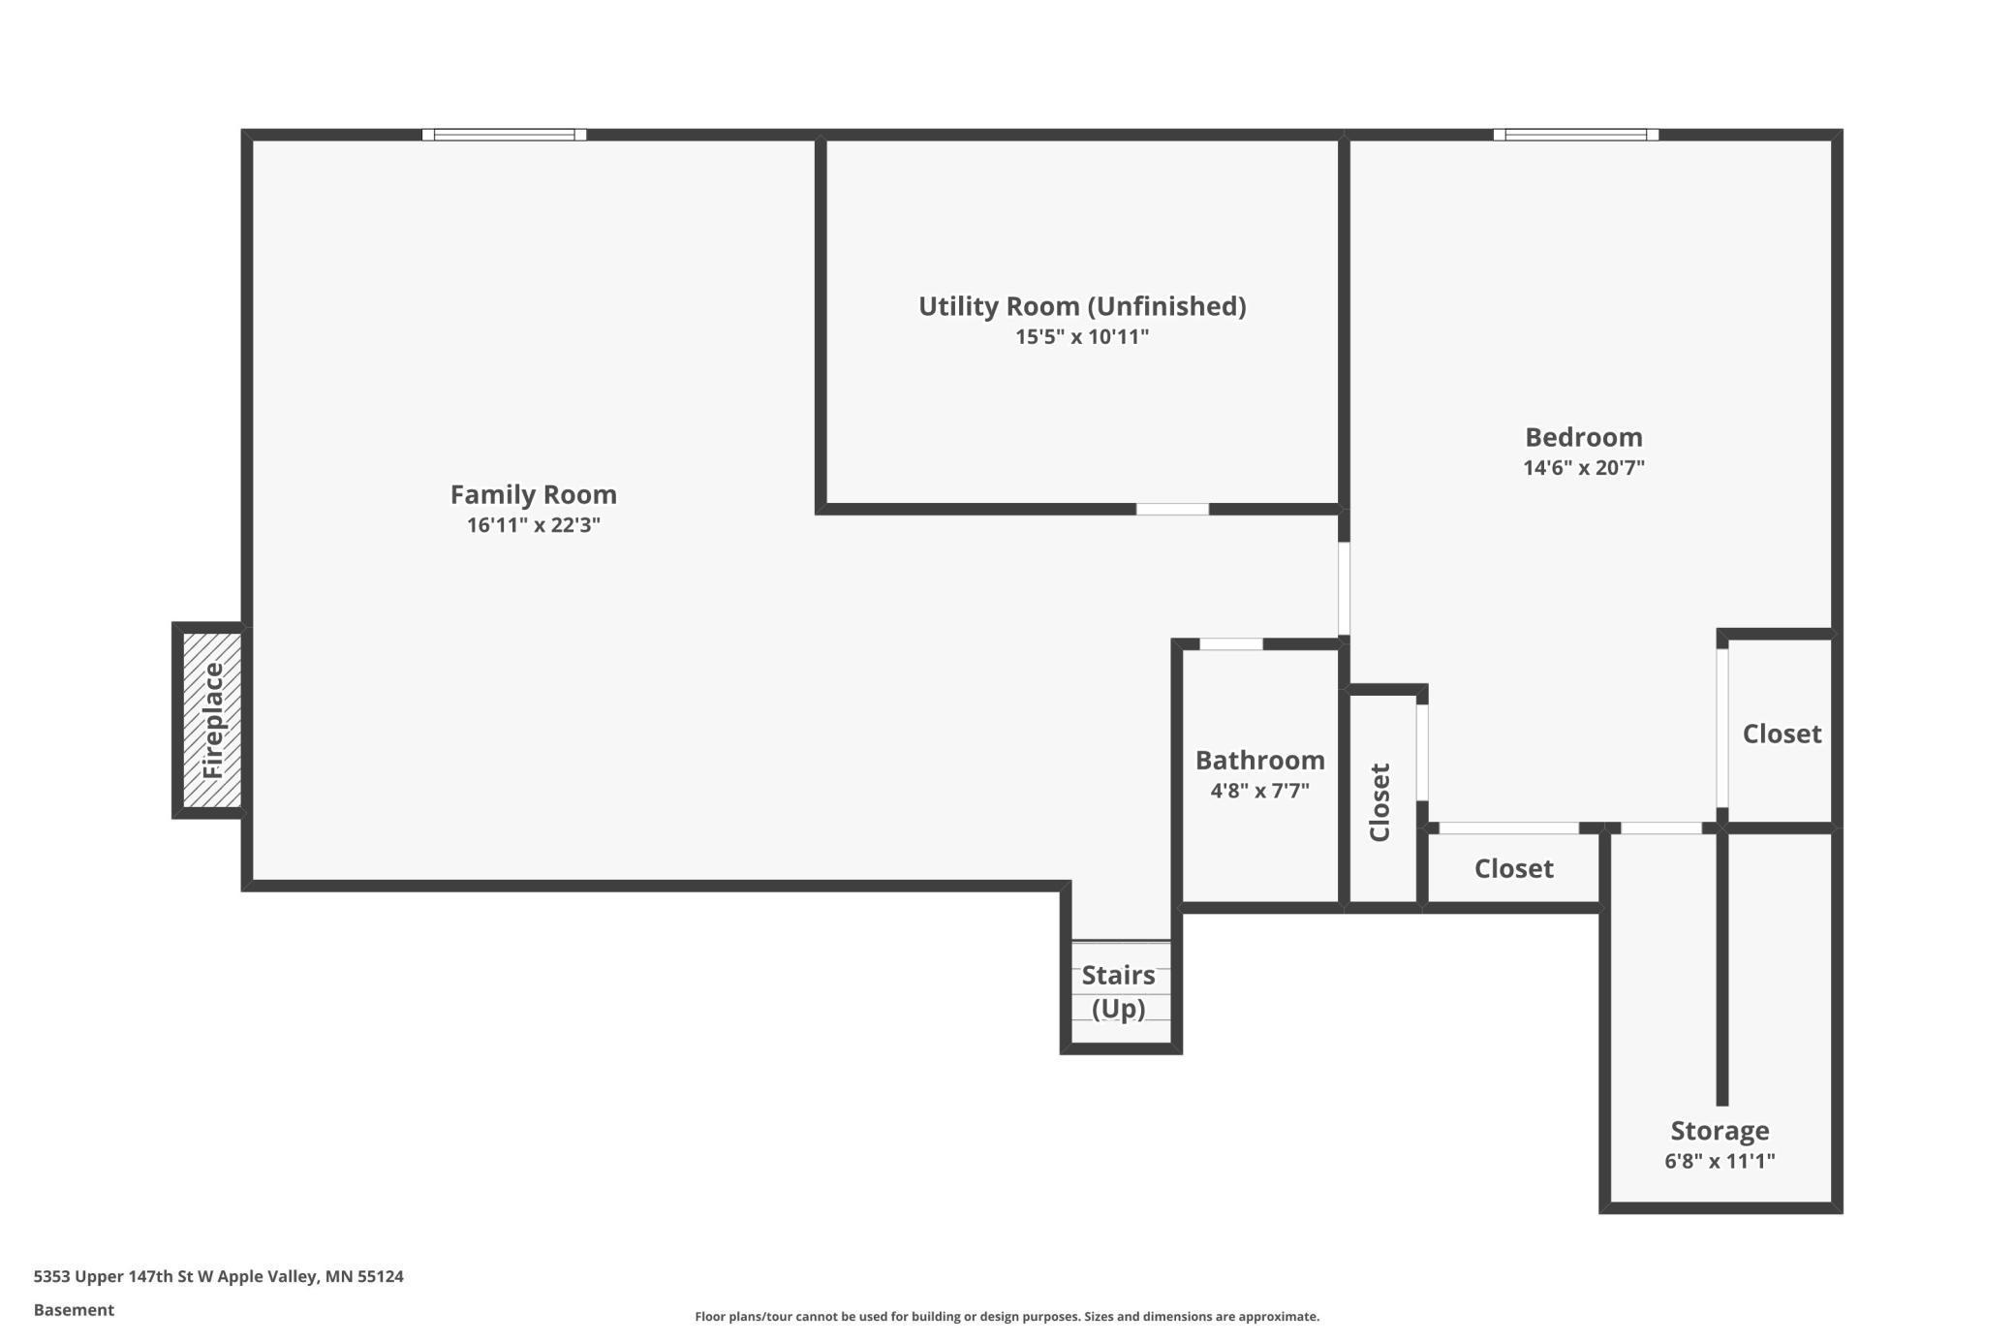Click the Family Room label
(x=533, y=494)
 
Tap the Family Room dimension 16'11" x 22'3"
(x=533, y=525)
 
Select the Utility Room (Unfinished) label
(x=1081, y=306)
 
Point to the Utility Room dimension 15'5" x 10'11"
(x=1081, y=337)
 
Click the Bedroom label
(x=1583, y=437)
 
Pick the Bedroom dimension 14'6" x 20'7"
(x=1583, y=468)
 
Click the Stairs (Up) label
(x=1118, y=991)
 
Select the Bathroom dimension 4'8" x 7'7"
(x=1259, y=791)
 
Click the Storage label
(x=1719, y=1131)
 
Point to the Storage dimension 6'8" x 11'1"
(x=1719, y=1161)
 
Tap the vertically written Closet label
(x=1379, y=802)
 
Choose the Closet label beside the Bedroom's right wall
(x=1781, y=734)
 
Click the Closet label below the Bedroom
(x=1513, y=868)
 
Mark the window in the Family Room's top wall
(x=504, y=135)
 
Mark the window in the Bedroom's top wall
(x=1575, y=135)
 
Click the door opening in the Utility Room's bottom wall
(x=1172, y=509)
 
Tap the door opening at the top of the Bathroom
(x=1230, y=644)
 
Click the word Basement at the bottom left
(x=74, y=1310)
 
